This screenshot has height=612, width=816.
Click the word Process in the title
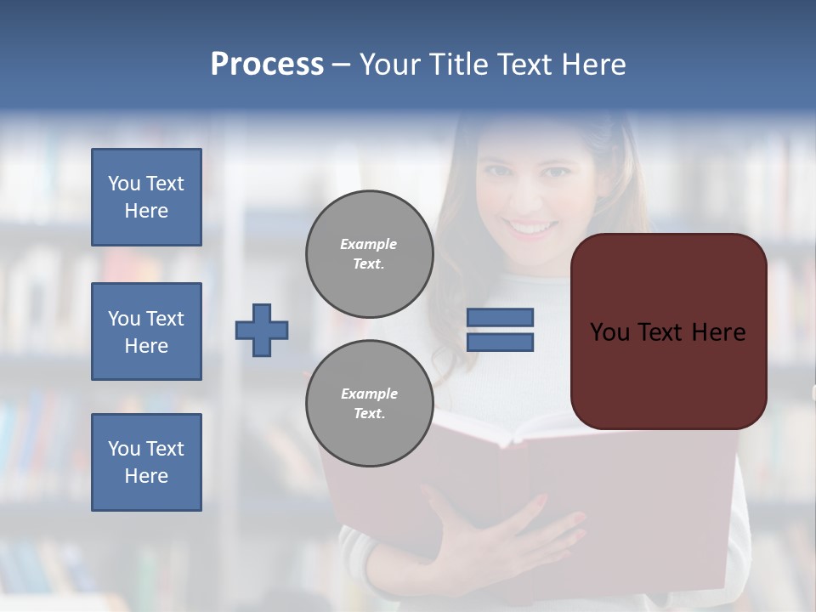click(267, 65)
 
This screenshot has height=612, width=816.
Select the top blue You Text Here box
click(146, 197)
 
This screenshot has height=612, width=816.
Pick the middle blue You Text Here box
click(146, 331)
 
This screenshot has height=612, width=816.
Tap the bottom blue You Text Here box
click(146, 462)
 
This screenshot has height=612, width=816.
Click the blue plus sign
click(262, 330)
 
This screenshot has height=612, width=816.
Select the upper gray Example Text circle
click(369, 254)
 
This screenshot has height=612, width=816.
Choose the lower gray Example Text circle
click(369, 404)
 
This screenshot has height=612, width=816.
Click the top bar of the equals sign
click(500, 318)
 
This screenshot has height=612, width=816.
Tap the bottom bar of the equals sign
click(500, 342)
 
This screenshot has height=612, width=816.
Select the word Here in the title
click(595, 65)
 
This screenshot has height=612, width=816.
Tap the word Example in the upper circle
click(369, 244)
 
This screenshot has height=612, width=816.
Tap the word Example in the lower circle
click(369, 394)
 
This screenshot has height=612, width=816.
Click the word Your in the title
click(392, 65)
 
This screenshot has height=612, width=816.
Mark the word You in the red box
click(609, 332)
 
